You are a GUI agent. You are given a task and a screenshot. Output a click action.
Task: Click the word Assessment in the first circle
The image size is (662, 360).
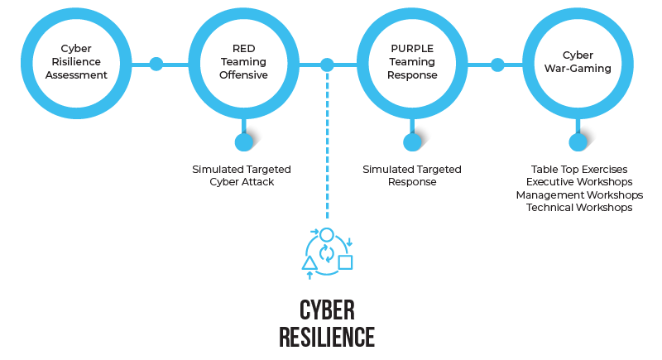click(x=77, y=75)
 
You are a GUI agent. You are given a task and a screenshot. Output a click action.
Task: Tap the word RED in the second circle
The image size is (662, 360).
click(x=243, y=48)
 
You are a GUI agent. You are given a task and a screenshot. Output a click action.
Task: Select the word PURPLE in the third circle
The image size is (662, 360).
click(x=412, y=48)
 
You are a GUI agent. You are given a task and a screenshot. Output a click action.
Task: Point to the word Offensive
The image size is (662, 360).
click(x=243, y=75)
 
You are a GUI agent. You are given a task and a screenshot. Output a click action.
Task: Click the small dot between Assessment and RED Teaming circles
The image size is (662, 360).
click(x=156, y=63)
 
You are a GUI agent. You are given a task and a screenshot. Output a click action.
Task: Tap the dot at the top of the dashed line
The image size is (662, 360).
click(x=328, y=64)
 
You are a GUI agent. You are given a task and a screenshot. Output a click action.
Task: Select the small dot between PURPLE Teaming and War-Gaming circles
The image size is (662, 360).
click(x=497, y=63)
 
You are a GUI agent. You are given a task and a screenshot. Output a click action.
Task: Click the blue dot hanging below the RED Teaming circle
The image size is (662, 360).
click(x=243, y=142)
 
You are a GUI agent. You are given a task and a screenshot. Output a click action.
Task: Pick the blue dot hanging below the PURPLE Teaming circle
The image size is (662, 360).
click(x=412, y=142)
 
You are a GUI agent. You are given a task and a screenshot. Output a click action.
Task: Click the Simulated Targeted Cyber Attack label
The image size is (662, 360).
click(x=242, y=175)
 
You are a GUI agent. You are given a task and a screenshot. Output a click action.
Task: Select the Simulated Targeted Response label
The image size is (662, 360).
click(x=412, y=175)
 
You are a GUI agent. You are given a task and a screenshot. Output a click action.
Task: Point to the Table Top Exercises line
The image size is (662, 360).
click(x=579, y=169)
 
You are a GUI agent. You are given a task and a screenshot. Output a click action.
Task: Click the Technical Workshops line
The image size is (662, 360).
click(x=579, y=207)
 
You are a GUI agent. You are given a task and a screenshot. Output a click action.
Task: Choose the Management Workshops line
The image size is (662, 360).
click(x=579, y=194)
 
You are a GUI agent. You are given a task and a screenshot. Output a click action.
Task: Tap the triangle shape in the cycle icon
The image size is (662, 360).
click(x=309, y=263)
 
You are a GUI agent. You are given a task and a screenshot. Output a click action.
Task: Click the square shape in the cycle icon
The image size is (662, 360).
click(x=346, y=262)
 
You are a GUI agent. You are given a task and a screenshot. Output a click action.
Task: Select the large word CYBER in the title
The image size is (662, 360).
click(x=327, y=310)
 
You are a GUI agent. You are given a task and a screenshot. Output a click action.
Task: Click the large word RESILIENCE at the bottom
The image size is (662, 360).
click(x=327, y=338)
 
